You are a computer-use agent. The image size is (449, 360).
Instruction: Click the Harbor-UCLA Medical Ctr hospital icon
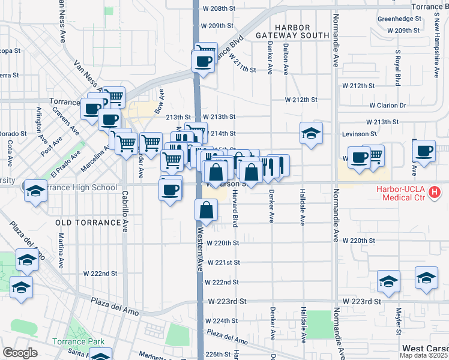pos(435,193)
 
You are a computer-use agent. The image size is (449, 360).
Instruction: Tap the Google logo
pos(19,353)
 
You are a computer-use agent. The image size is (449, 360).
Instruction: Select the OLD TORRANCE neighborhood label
pos(88,223)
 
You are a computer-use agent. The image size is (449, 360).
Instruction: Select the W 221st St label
pos(223,263)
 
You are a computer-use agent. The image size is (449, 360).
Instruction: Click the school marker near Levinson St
pos(312,133)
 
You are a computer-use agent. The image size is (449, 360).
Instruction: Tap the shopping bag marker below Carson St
pos(206,211)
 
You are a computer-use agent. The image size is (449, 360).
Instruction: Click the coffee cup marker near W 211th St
pos(203,61)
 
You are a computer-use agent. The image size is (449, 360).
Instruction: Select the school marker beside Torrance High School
pos(35,191)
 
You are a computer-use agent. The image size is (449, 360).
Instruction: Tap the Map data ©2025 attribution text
pos(424,355)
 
